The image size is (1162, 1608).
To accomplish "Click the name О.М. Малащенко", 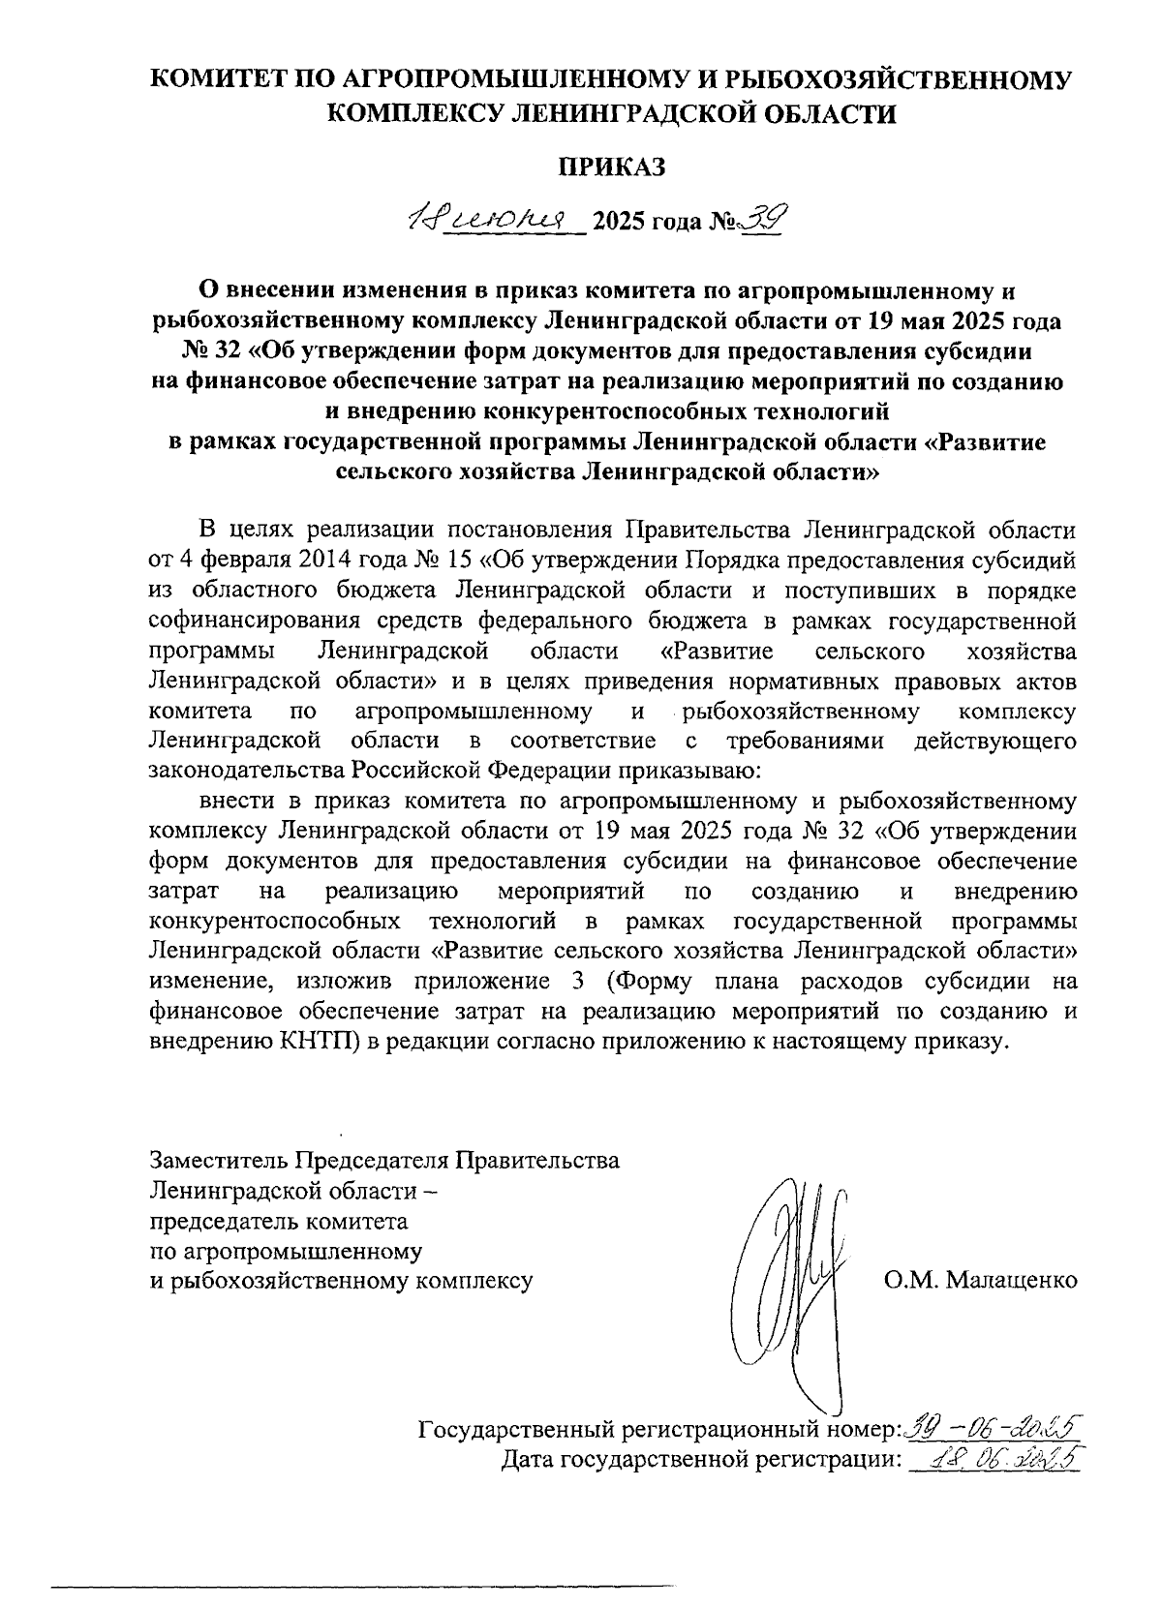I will pos(980,1280).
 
